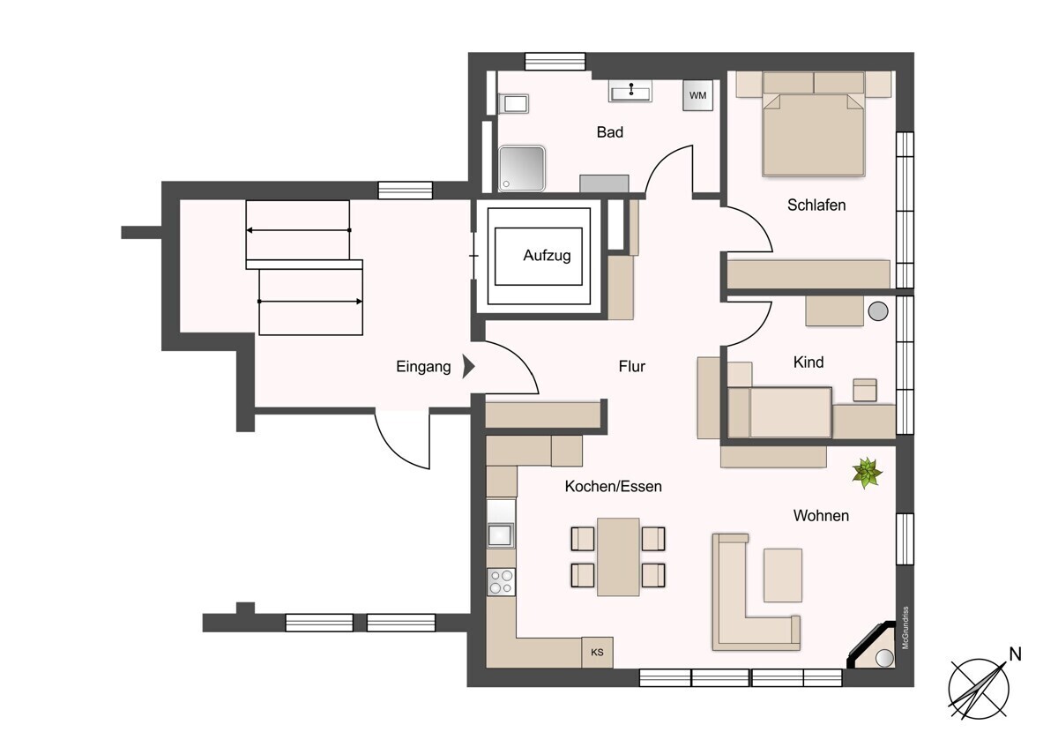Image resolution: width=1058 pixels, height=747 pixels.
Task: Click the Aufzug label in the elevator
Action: [x=547, y=256]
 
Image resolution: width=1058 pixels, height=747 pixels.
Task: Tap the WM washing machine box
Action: [x=697, y=95]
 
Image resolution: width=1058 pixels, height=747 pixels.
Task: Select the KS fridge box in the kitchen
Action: [x=597, y=653]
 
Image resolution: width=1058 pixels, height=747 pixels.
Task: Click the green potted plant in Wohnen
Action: [x=867, y=474]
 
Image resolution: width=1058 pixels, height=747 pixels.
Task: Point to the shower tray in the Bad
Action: [x=522, y=168]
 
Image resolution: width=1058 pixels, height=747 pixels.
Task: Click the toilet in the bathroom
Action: [x=513, y=105]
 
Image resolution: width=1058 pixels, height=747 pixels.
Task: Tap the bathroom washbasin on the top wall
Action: [x=631, y=91]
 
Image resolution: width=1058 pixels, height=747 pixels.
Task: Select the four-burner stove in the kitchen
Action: [x=501, y=582]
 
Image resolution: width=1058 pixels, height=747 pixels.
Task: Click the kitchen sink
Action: [x=500, y=534]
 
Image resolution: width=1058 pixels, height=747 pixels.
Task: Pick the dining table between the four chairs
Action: [x=618, y=556]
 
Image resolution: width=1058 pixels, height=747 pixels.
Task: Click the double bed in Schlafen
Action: [x=813, y=132]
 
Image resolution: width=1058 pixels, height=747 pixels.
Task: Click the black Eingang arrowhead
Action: [x=469, y=366]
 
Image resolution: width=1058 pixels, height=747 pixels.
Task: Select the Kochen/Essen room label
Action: [x=613, y=486]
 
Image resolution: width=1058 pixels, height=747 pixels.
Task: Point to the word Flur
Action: [x=631, y=367]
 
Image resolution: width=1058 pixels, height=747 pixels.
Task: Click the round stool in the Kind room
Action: [x=877, y=310]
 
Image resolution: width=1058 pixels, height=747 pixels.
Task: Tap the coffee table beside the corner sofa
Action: [x=782, y=575]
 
